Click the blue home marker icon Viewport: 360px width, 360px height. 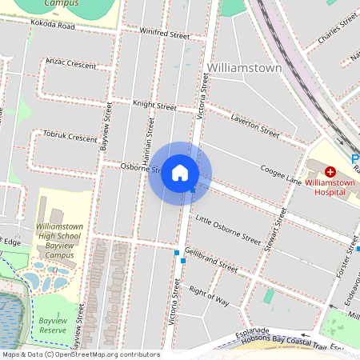180,173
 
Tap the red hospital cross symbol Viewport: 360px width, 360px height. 330,172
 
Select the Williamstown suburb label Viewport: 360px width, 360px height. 244,68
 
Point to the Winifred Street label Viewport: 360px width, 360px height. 164,34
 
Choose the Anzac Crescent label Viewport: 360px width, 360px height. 70,62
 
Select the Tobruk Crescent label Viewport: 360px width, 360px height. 70,136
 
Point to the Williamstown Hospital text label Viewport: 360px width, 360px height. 330,187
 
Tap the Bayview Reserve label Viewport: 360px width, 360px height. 53,325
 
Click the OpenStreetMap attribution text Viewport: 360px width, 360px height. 80,354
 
